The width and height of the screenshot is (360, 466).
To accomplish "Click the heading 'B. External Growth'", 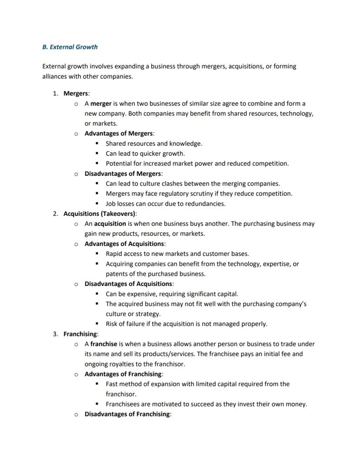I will point(70,47).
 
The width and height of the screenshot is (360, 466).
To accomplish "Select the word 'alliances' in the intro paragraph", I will point(56,77).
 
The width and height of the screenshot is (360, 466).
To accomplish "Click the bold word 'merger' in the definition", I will point(101,104).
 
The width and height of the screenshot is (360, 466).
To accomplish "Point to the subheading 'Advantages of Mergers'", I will point(119,134).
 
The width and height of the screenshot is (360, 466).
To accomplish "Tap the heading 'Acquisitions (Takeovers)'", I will point(100,214).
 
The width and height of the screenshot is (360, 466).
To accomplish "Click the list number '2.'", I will point(56,214).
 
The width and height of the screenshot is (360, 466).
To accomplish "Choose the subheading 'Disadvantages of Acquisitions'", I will point(129,284).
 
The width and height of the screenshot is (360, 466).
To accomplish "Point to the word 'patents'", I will point(117,274).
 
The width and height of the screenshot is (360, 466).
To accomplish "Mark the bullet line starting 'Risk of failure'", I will point(186,324).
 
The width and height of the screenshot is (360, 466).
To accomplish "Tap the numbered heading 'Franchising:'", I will point(81,334).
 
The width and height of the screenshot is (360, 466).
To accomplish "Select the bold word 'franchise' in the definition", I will point(104,344).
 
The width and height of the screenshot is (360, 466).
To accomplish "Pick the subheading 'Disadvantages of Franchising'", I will point(127,414).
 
